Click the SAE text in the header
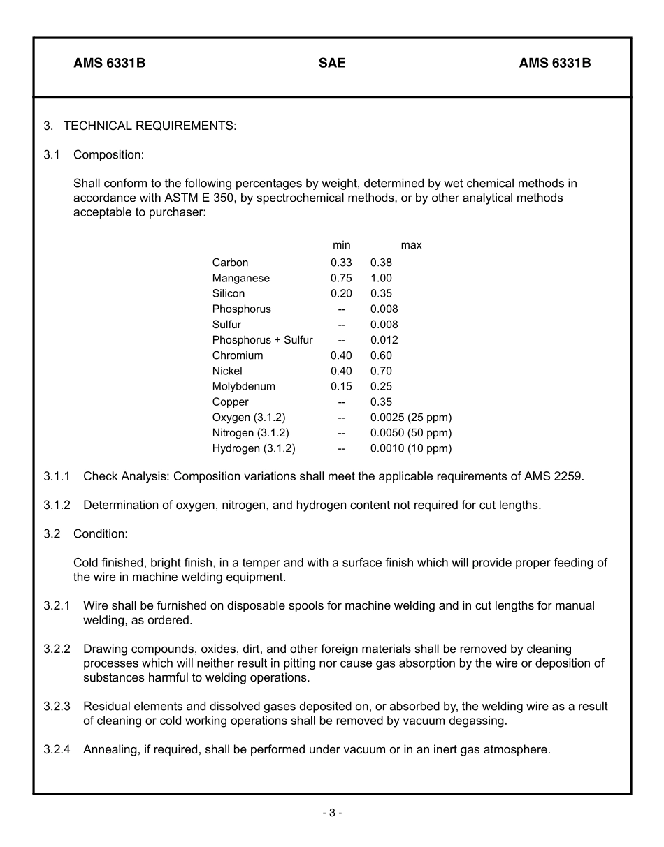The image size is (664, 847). (x=332, y=64)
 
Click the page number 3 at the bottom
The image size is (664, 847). (x=332, y=813)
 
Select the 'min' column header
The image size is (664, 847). (x=341, y=245)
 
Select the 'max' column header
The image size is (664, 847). (x=411, y=245)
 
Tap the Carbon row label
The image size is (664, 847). (x=230, y=263)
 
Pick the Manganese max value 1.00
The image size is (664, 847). (x=381, y=278)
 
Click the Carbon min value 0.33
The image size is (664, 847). (x=341, y=263)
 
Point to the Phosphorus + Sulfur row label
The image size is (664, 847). (x=262, y=340)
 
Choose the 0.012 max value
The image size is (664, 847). (x=384, y=340)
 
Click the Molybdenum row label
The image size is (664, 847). (x=243, y=386)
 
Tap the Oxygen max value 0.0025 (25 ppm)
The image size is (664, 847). (x=411, y=418)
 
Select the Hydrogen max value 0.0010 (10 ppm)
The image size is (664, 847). (x=411, y=448)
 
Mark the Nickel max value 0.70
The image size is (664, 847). (x=381, y=371)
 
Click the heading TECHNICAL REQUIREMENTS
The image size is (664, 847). (x=150, y=126)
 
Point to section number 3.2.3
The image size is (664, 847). (x=57, y=707)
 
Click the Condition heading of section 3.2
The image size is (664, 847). (x=100, y=534)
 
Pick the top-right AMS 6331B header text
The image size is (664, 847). (x=554, y=64)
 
